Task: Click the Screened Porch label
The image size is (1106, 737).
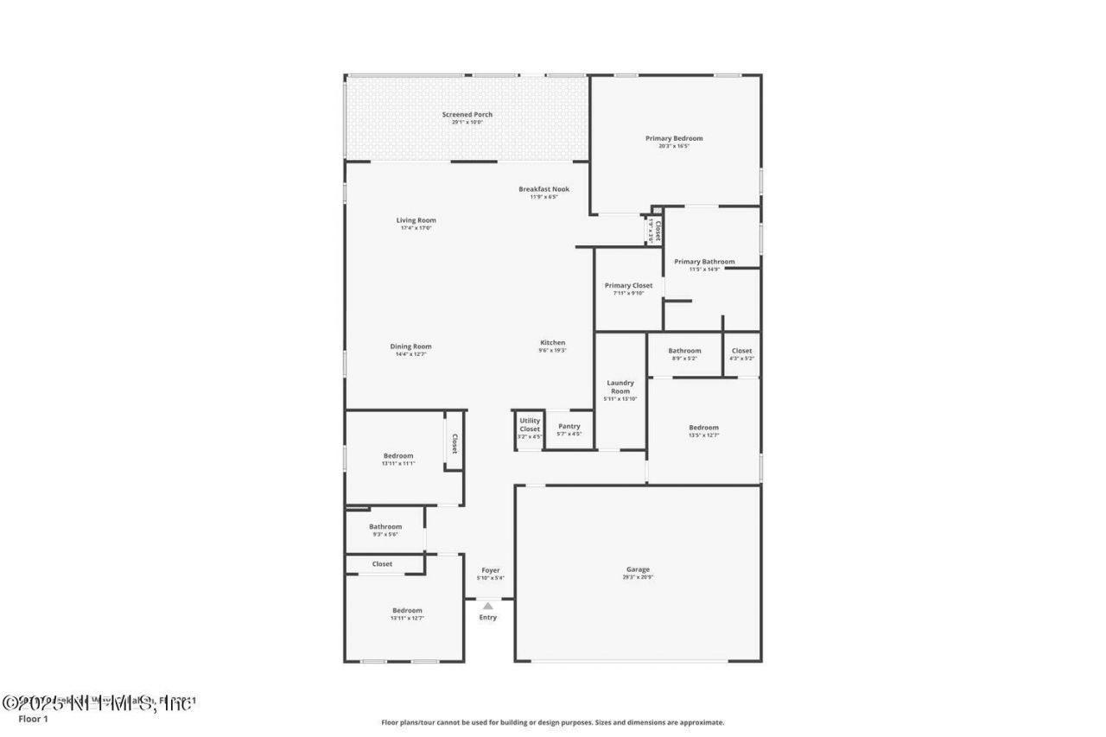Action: point(467,115)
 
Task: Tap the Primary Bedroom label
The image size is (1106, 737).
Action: point(674,138)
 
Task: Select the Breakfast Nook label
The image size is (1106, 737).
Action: point(543,189)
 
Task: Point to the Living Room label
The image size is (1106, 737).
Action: point(416,220)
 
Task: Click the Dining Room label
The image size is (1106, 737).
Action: point(410,346)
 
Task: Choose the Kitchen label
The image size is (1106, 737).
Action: point(553,343)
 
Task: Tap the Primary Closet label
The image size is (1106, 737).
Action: point(628,286)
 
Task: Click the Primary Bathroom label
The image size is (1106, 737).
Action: point(704,262)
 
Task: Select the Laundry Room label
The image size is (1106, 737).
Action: point(620,387)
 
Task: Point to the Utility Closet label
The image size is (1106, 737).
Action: point(530,425)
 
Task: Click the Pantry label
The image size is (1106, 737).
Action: point(569,426)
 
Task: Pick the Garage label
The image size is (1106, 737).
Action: point(638,569)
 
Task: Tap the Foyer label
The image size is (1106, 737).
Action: point(491,570)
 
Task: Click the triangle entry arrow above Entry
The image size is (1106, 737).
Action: point(488,606)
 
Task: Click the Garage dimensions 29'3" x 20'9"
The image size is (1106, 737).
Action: point(638,577)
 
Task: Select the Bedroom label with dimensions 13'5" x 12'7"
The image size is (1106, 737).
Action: point(703,428)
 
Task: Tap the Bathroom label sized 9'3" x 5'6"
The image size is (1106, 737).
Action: point(385,527)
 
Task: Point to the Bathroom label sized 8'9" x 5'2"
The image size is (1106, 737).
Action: point(684,351)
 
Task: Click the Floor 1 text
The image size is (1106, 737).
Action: point(33,719)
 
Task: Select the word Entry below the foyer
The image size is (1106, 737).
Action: point(488,617)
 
